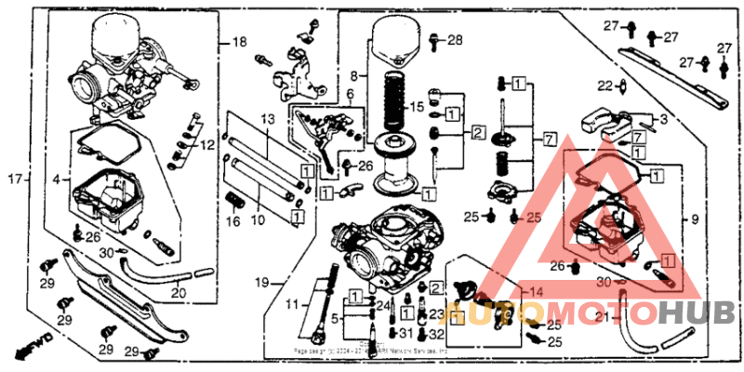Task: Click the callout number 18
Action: click(x=240, y=43)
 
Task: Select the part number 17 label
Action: click(x=14, y=178)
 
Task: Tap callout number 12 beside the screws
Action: click(x=206, y=144)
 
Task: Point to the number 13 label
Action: click(x=268, y=121)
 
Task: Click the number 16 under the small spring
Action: click(x=233, y=222)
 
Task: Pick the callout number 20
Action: click(x=178, y=293)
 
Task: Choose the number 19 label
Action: click(x=262, y=282)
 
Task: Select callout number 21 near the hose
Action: click(x=602, y=318)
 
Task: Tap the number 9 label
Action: click(x=694, y=220)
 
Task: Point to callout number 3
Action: click(x=664, y=121)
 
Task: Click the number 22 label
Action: click(x=604, y=86)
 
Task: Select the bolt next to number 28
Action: click(x=435, y=40)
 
